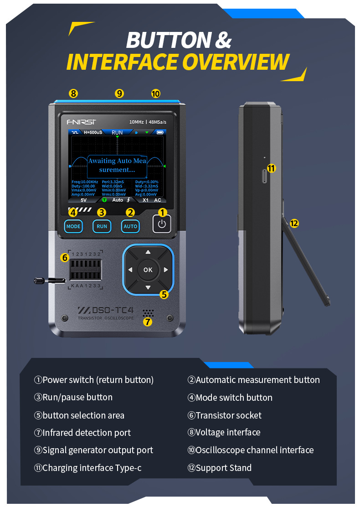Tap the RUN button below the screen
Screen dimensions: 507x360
102,226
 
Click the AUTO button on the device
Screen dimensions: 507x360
130,226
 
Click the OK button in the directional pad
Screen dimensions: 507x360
148,269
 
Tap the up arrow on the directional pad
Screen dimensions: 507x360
148,252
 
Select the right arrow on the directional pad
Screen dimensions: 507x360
166,270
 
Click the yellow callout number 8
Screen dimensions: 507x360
73,93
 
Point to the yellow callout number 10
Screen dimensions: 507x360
156,93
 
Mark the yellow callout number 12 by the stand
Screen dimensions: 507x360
294,223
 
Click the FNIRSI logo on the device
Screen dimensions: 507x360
82,122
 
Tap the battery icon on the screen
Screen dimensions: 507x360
159,133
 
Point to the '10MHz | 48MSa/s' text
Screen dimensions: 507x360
148,122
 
